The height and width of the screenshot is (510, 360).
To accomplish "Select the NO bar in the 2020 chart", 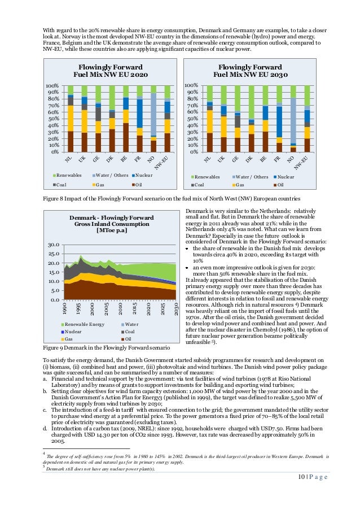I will pos(152,119).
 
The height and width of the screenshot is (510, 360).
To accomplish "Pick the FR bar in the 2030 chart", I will pos(279,119).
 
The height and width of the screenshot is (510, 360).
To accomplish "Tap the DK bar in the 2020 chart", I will pos(112,119).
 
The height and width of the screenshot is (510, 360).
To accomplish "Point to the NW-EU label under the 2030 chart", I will pos(305,164).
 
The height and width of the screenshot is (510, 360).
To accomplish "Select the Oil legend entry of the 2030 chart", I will pos(277,185).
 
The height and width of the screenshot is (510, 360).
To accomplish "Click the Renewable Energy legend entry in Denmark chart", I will pos(85,324).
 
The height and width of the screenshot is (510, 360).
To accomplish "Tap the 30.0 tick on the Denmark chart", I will pos(54,245).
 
